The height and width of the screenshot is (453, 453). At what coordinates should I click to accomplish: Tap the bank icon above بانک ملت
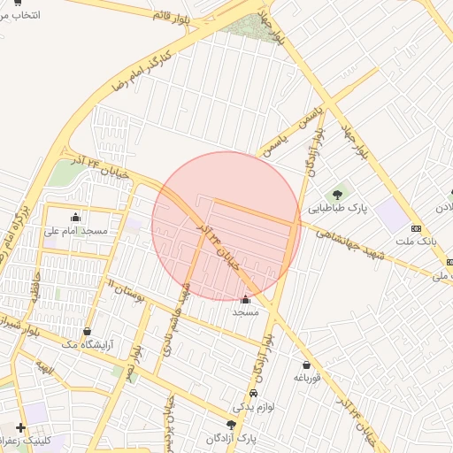point(416,229)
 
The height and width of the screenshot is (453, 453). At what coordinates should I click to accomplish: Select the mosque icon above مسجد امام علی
point(75,217)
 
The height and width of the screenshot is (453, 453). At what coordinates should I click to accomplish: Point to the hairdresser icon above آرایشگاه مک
point(87,332)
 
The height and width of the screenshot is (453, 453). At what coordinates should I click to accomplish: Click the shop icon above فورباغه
point(306,365)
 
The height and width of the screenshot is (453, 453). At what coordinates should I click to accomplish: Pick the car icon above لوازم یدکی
point(254,394)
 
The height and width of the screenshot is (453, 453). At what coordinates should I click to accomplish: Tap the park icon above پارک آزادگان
point(231,425)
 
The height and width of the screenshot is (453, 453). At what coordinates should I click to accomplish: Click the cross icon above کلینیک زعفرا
point(20,427)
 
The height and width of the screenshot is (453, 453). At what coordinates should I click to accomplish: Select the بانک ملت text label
point(417,242)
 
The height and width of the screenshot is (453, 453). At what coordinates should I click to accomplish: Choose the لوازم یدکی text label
point(250,408)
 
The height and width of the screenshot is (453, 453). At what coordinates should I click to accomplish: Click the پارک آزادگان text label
point(230,439)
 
